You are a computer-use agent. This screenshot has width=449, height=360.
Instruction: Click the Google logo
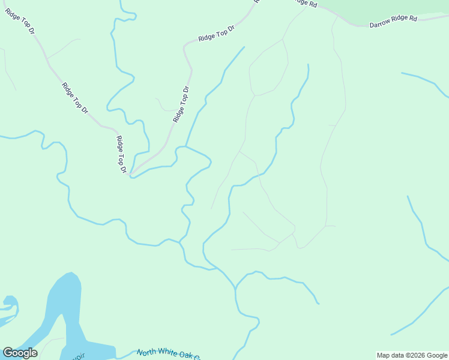(20, 353)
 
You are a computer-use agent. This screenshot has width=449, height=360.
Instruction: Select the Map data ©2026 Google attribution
(412, 355)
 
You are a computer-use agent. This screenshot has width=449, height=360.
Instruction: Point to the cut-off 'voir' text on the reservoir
(78, 356)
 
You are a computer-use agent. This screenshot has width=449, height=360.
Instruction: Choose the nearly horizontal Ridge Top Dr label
(216, 33)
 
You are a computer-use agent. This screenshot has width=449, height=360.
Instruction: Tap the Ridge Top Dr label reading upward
(181, 105)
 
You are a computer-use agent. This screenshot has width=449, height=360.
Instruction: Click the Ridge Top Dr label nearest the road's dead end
(121, 155)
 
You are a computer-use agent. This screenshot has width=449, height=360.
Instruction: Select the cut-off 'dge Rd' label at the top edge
(306, 3)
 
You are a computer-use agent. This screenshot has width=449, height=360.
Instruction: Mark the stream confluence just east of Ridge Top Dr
(185, 146)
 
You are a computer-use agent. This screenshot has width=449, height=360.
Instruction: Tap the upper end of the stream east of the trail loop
(308, 65)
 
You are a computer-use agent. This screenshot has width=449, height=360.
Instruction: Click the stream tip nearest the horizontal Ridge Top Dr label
(244, 47)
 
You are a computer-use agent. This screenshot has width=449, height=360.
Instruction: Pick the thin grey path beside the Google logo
(51, 341)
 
